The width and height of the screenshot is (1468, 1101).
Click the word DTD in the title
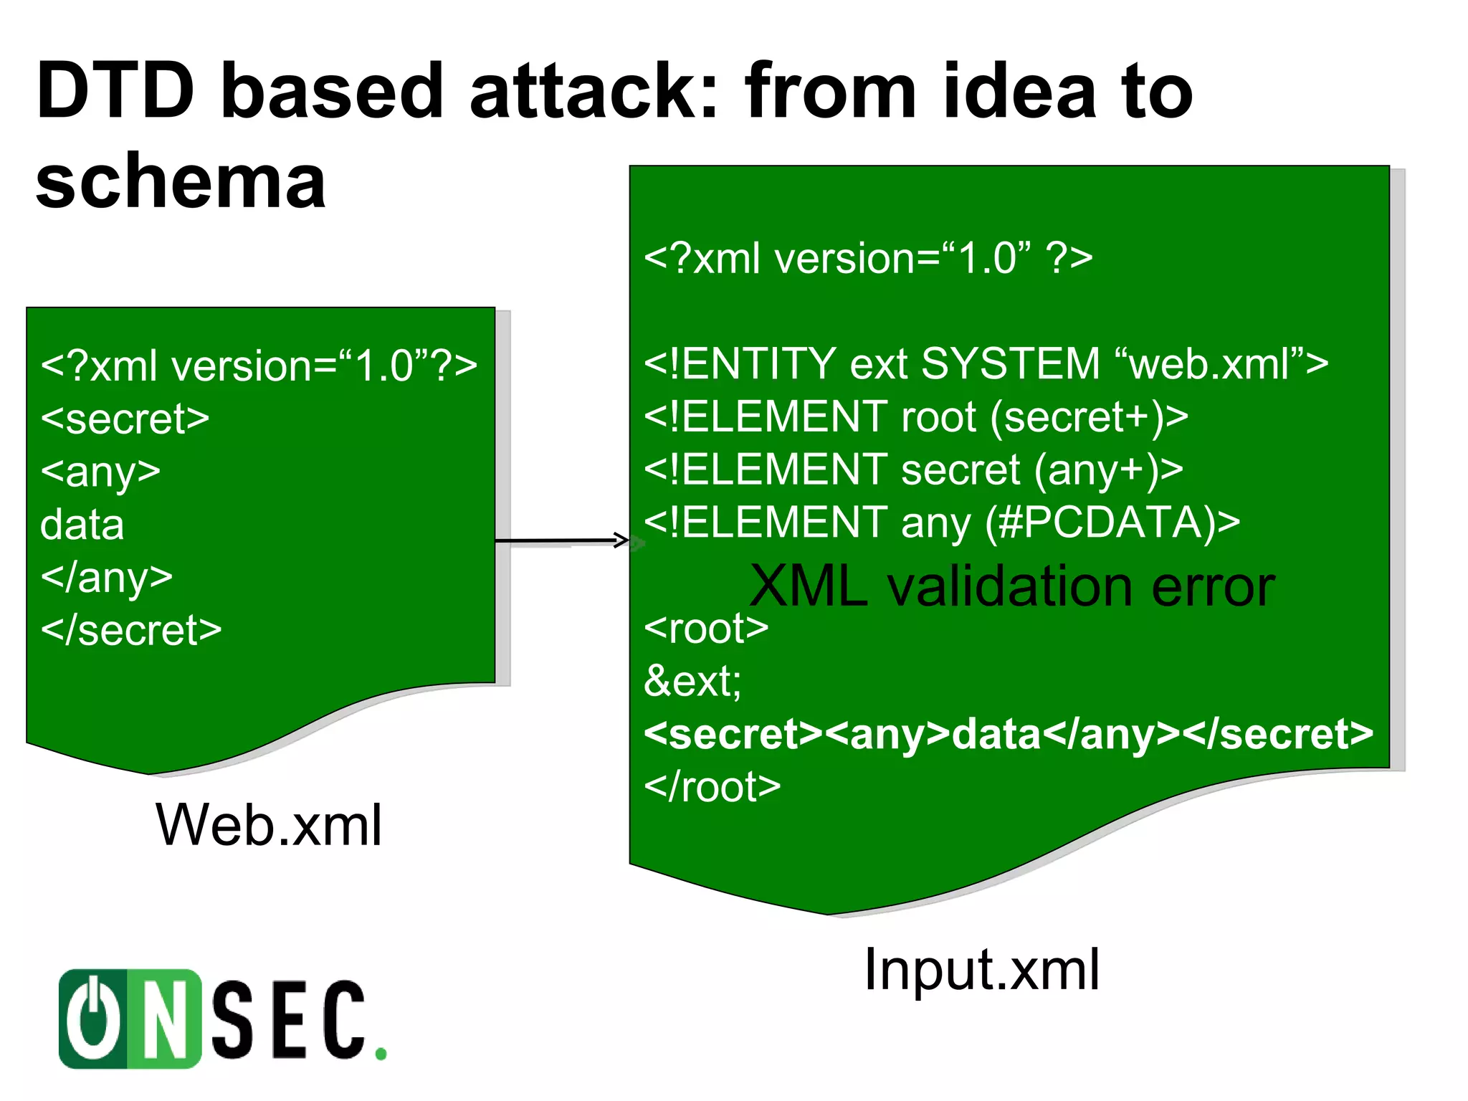[115, 92]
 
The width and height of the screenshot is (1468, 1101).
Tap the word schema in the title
[181, 182]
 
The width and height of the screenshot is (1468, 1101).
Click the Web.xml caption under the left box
[269, 825]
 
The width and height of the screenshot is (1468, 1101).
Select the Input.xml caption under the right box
[981, 969]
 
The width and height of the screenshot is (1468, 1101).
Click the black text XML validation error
[1011, 586]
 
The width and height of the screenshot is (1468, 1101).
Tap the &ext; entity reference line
[692, 681]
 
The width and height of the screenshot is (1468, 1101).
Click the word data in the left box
[82, 525]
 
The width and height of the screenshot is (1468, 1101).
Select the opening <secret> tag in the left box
[125, 419]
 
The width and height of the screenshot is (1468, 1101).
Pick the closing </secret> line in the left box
[131, 630]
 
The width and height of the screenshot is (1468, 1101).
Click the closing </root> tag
[712, 787]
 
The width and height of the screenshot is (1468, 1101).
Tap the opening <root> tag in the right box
[706, 629]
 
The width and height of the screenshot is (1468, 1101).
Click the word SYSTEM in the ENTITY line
[1010, 363]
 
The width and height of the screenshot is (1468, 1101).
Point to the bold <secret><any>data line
[1008, 734]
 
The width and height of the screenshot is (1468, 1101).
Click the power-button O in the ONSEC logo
[93, 1019]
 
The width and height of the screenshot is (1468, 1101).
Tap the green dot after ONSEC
[381, 1053]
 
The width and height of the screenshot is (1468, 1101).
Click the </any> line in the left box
[107, 578]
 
